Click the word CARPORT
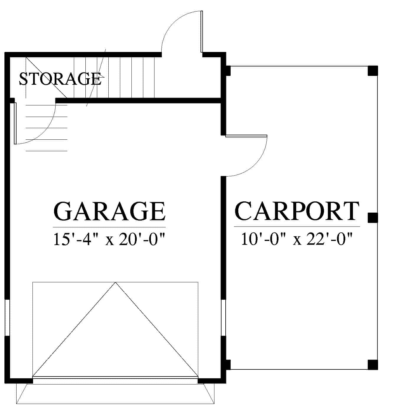tap(297, 211)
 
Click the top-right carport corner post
tap(373, 71)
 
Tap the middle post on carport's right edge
tap(373, 218)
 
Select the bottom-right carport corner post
tap(373, 365)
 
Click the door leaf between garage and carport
tap(246, 136)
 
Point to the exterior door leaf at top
tap(202, 31)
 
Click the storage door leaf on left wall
tap(15, 123)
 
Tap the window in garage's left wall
tap(7, 317)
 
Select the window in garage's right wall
tap(223, 317)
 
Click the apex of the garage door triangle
tap(115, 282)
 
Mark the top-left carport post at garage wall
tap(228, 71)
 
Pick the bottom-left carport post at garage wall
tap(228, 365)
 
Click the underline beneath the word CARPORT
tap(297, 227)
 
